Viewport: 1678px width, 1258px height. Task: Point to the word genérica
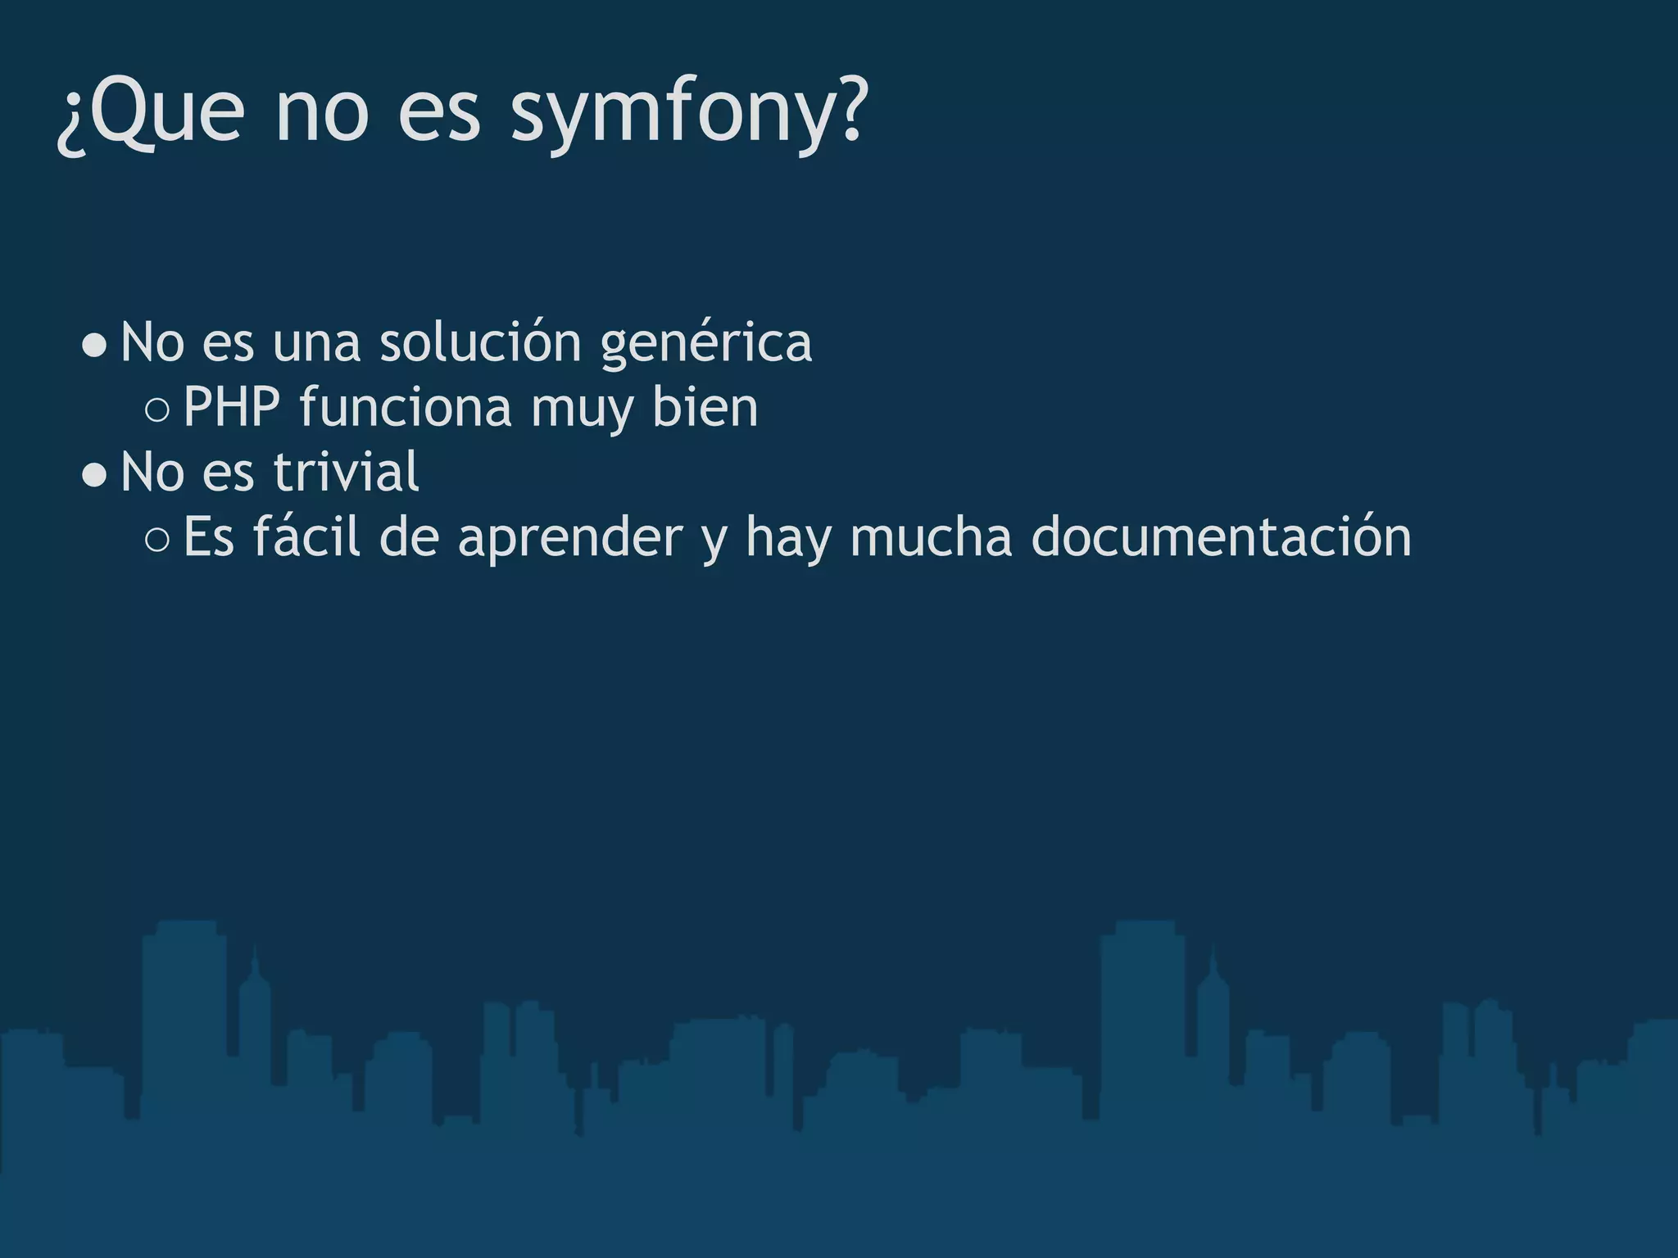[705, 342]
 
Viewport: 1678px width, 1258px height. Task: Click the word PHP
[232, 406]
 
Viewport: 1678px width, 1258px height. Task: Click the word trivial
[346, 472]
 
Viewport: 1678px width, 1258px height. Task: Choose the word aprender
[570, 538]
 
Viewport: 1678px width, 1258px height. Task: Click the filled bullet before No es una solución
[95, 346]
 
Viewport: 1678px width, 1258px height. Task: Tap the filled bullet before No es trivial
[95, 475]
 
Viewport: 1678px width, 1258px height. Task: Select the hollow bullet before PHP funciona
[156, 410]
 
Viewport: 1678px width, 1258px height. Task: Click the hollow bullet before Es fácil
[156, 540]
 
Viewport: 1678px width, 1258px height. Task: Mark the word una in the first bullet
[316, 342]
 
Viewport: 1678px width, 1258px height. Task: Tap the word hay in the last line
[788, 538]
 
